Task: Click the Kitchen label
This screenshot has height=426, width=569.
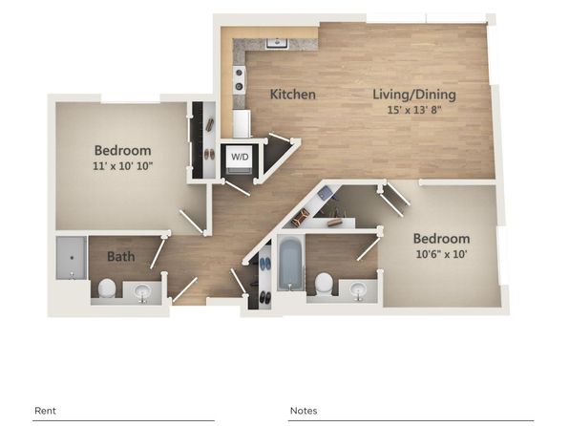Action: (x=293, y=95)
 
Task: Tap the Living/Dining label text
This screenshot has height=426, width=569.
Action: (x=414, y=95)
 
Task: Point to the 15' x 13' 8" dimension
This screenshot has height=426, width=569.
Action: (x=414, y=110)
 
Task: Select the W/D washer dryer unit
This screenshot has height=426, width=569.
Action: (x=240, y=160)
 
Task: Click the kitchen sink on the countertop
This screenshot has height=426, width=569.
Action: (x=277, y=44)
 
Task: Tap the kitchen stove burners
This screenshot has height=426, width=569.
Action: (x=239, y=79)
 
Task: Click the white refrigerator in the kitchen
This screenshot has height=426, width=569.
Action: (x=242, y=124)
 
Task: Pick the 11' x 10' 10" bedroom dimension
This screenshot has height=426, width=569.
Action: (x=122, y=166)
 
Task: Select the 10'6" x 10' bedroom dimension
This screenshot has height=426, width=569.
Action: (x=441, y=254)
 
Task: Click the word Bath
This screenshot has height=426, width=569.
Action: (x=121, y=257)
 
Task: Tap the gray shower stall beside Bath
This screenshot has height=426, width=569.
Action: (x=72, y=258)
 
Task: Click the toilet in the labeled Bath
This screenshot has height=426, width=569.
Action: (x=107, y=288)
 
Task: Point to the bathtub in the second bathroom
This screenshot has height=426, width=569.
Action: (x=290, y=264)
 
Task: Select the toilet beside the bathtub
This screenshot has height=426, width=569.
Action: (x=324, y=284)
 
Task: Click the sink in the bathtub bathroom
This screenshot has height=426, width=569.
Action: (x=358, y=290)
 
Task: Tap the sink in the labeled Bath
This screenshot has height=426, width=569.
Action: (x=142, y=291)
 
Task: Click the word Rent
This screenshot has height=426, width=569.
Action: (x=45, y=411)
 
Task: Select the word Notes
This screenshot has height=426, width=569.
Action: (x=304, y=411)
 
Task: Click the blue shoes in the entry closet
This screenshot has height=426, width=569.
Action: (x=265, y=264)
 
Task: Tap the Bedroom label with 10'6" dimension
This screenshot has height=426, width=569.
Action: (x=441, y=239)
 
